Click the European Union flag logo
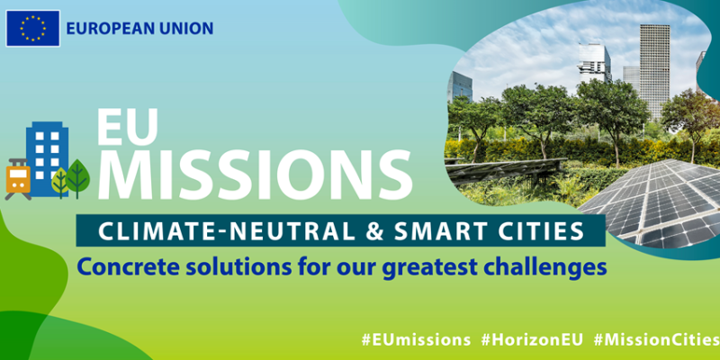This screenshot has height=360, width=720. click(32, 29)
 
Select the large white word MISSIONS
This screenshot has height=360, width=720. click(255, 174)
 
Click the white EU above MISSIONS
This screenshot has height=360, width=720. click(127, 127)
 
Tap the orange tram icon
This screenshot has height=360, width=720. click(18, 178)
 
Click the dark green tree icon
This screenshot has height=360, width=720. click(77, 178)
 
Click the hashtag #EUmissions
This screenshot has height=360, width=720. click(416, 340)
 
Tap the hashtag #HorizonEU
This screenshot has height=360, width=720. click(532, 340)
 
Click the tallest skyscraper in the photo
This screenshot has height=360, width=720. click(654, 71)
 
